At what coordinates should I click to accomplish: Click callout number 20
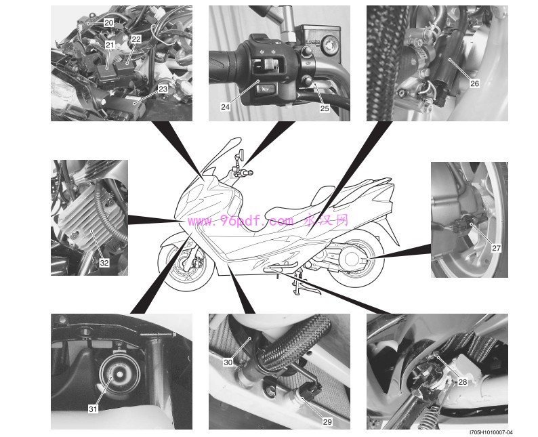click(109, 23)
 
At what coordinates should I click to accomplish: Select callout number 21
click(110, 45)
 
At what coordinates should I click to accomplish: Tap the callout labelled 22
click(136, 39)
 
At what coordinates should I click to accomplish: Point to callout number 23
click(163, 89)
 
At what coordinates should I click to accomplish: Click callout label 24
click(225, 106)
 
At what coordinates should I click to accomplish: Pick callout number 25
click(325, 108)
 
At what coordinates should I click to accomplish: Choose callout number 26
click(474, 83)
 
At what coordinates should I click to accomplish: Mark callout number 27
click(496, 248)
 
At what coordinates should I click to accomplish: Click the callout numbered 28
click(463, 381)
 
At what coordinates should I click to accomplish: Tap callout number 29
click(327, 421)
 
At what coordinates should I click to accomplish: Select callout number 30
click(228, 362)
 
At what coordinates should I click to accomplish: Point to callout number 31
click(93, 409)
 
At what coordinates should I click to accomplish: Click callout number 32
click(104, 263)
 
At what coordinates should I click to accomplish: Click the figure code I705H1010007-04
click(491, 433)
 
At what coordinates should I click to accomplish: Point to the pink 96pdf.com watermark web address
click(241, 222)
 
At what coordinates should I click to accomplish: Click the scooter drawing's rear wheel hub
click(351, 259)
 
